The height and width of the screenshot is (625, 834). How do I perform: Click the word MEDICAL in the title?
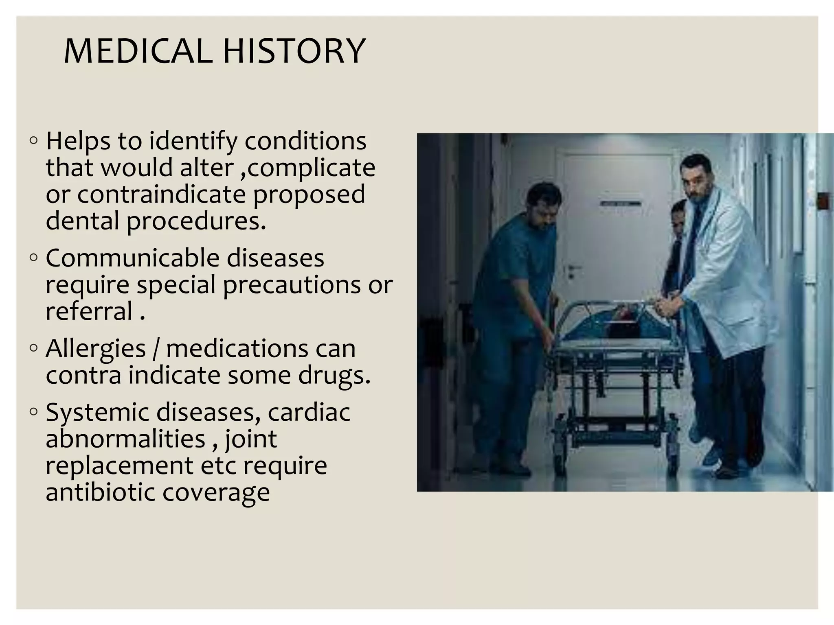(x=138, y=51)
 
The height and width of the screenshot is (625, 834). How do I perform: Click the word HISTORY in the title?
(x=294, y=51)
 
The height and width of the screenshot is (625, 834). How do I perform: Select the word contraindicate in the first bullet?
(x=161, y=194)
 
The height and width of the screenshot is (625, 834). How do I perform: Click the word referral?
(x=89, y=311)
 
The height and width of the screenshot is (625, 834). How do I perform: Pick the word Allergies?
(x=96, y=349)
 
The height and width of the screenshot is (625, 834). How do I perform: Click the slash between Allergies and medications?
(x=155, y=349)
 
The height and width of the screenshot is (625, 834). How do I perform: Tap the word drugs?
(x=334, y=376)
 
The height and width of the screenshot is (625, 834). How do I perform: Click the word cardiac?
(x=309, y=412)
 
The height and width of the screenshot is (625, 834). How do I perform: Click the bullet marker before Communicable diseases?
(x=34, y=258)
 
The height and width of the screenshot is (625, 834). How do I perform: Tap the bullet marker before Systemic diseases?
(x=34, y=412)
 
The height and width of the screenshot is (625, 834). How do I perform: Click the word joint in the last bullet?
(x=250, y=439)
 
